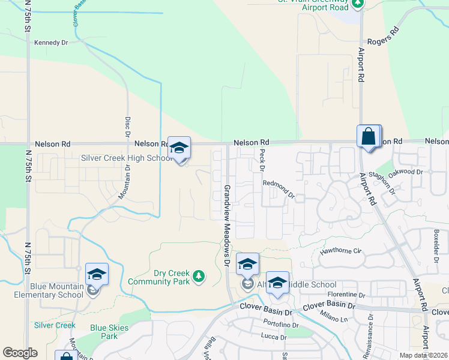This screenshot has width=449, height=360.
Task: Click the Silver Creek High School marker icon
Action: tap(179, 148)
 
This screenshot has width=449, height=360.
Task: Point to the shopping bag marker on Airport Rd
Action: tap(368, 136)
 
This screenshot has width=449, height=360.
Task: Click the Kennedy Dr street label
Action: tap(52, 43)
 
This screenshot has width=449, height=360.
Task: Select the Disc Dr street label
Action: tap(128, 126)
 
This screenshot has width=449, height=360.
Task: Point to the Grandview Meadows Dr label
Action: tap(228, 224)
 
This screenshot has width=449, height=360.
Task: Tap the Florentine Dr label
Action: tap(346, 295)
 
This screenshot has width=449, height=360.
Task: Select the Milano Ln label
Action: tap(334, 316)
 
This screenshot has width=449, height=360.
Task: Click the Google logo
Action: tap(20, 353)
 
